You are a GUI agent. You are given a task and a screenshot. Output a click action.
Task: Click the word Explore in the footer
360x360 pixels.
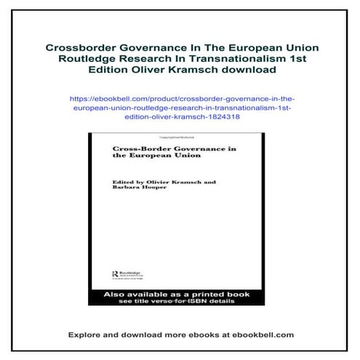(84, 335)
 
